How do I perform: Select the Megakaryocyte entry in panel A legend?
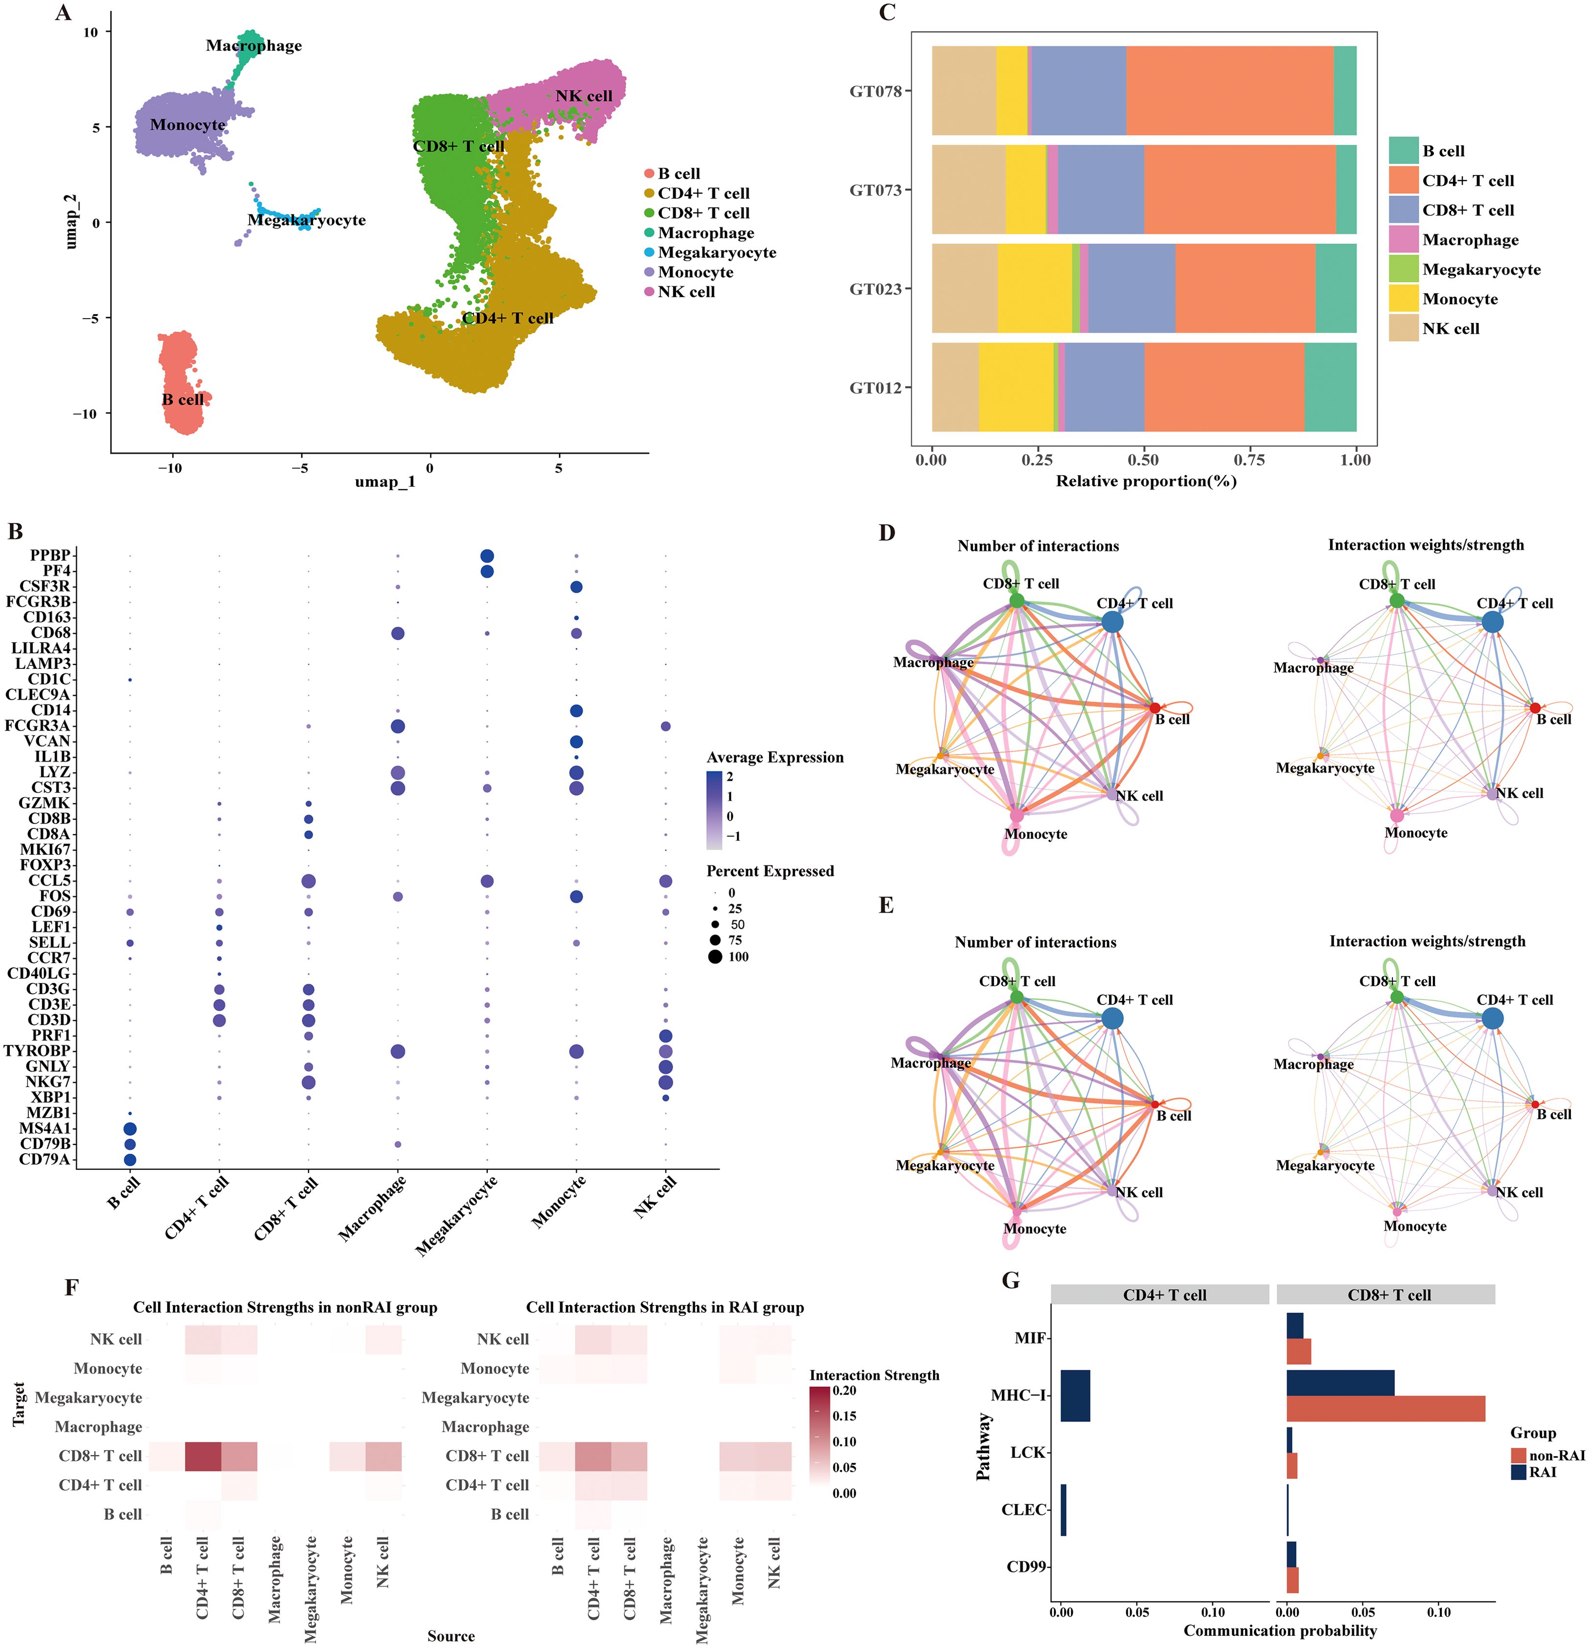716,252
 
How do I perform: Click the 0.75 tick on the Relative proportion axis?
1249,460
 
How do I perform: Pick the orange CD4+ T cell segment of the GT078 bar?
1228,91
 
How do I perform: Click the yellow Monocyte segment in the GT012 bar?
1016,388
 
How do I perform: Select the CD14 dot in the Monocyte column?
576,710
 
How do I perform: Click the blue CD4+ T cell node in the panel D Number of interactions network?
1112,622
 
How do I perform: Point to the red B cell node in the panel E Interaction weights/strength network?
1535,1104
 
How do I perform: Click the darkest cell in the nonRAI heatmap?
203,1455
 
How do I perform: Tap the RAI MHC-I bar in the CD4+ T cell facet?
1075,1396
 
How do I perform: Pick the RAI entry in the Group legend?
1543,1472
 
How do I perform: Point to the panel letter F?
71,1287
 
